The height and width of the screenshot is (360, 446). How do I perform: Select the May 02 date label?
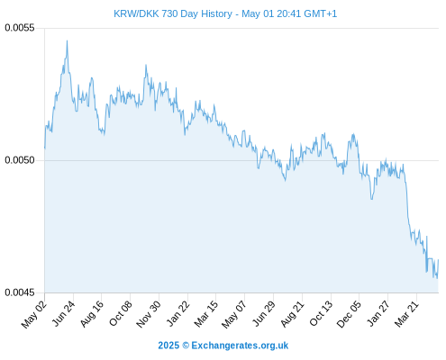(x=34, y=314)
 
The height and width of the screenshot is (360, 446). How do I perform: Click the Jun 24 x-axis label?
(x=63, y=313)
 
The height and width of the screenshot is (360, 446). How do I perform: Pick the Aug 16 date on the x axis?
(x=92, y=314)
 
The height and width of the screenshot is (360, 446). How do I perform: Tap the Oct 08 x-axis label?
(x=121, y=314)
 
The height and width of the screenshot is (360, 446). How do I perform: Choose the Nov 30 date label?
(x=149, y=314)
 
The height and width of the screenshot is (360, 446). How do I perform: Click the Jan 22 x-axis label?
(x=178, y=313)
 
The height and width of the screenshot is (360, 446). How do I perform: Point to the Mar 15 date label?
(x=206, y=314)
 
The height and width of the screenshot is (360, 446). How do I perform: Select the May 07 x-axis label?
(x=234, y=314)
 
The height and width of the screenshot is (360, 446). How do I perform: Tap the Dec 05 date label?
(x=349, y=314)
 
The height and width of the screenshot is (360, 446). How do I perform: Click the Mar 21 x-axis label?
(x=406, y=314)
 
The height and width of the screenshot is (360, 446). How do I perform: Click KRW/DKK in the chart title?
(x=136, y=13)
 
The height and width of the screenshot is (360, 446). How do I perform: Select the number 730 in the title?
(x=169, y=13)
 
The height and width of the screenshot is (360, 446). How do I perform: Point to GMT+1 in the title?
(x=321, y=13)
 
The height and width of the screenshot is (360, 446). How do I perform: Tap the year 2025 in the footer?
(x=168, y=346)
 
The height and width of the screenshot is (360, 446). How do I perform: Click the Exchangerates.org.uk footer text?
(x=240, y=346)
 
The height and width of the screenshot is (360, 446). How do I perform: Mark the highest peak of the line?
(x=67, y=40)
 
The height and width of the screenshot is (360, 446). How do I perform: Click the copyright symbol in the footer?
(x=186, y=346)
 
